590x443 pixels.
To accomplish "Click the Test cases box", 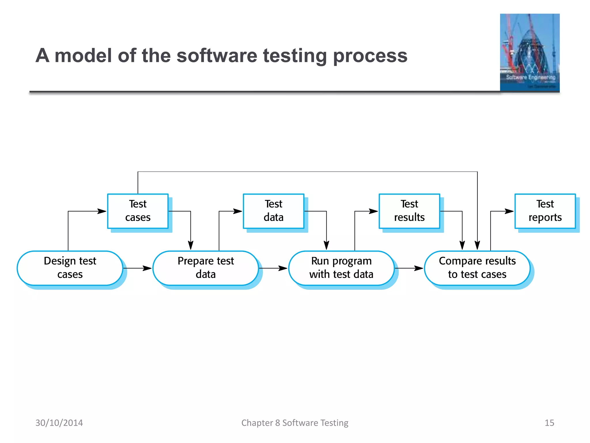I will pyautogui.click(x=138, y=211).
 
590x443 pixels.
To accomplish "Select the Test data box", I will pyautogui.click(x=273, y=211).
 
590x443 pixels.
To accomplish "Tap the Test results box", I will pyautogui.click(x=409, y=211).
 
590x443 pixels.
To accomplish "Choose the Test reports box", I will pyautogui.click(x=545, y=211).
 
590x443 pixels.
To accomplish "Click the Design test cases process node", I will pyautogui.click(x=70, y=268).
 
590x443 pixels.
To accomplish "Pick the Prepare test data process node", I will pyautogui.click(x=206, y=268).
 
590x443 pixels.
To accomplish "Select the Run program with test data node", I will pyautogui.click(x=341, y=268).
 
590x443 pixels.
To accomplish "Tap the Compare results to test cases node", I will pyautogui.click(x=477, y=268).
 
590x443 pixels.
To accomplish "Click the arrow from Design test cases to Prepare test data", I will pyautogui.click(x=138, y=268).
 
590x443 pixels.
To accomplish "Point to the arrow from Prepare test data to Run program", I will pyautogui.click(x=273, y=268).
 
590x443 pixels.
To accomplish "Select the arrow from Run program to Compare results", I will pyautogui.click(x=409, y=268).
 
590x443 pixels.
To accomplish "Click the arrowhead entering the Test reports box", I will pyautogui.click(x=509, y=211).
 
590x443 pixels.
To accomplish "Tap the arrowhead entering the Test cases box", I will pyautogui.click(x=102, y=211).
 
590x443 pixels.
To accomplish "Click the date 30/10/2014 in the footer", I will pyautogui.click(x=59, y=423).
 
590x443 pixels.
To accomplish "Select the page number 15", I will pyautogui.click(x=549, y=423).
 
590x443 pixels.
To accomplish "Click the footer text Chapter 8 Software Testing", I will pyautogui.click(x=295, y=423).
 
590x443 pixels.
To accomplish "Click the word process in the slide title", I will pyautogui.click(x=370, y=56).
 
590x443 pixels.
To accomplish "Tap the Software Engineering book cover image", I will pyautogui.click(x=530, y=52).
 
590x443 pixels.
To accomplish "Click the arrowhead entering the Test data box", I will pyautogui.click(x=238, y=211).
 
